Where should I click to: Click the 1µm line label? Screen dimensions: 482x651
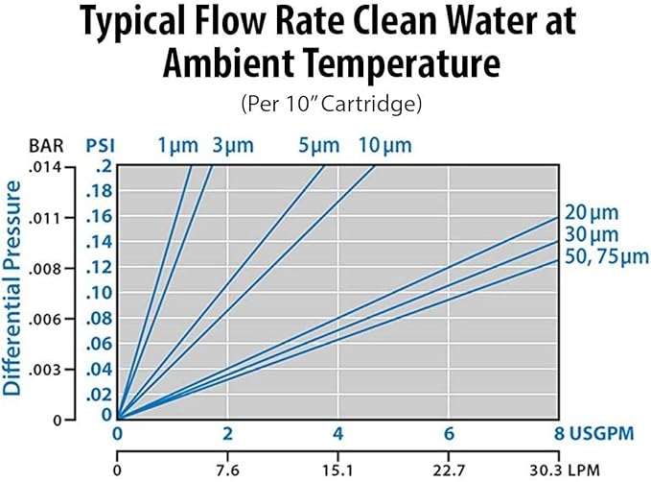[178, 146]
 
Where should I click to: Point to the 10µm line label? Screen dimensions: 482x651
[384, 146]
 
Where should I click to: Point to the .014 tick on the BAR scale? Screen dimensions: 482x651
[48, 166]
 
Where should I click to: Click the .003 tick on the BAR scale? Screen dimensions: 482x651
[48, 369]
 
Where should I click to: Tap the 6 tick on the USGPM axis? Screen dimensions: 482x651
[449, 434]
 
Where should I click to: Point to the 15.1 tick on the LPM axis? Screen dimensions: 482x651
[337, 470]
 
